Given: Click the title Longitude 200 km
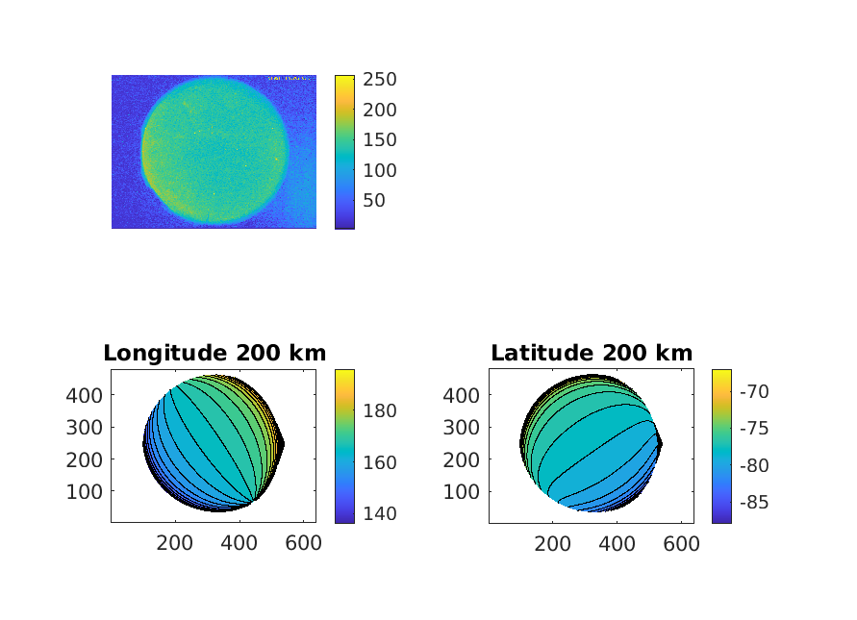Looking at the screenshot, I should [214, 353].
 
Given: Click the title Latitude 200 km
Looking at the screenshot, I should [592, 353].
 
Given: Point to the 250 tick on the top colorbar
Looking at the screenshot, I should [378, 79].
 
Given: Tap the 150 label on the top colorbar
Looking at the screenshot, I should [378, 139].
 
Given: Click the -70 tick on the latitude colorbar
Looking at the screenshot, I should [754, 390].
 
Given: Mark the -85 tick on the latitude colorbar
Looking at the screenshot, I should [754, 502].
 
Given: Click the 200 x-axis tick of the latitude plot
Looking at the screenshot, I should [552, 542].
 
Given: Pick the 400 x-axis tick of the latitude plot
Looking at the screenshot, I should [617, 542].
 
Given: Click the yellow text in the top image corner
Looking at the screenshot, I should [288, 78].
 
